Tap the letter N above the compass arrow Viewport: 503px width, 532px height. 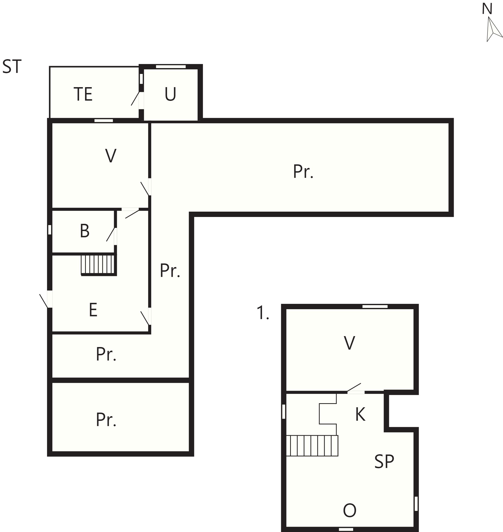point(487,9)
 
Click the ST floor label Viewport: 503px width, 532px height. point(12,67)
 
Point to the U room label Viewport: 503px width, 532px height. point(170,95)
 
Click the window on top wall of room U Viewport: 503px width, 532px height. point(171,67)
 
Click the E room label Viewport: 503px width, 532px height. point(93,310)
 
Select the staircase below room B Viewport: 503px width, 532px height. point(98,265)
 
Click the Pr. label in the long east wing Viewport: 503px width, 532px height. point(303,171)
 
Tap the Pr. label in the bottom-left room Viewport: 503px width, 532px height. point(106,420)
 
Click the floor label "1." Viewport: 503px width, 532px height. point(263,313)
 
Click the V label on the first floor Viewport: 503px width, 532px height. point(349,343)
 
